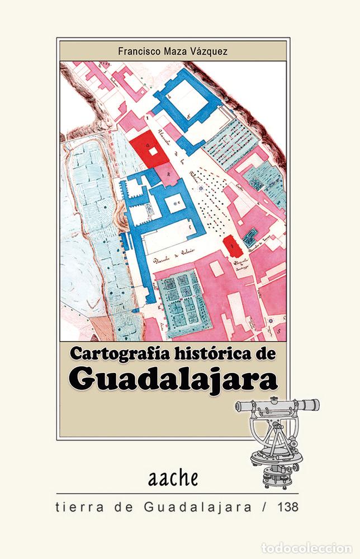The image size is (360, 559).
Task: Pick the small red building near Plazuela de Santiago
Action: click(229, 244)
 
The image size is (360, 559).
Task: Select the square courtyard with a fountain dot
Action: click(177, 203)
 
